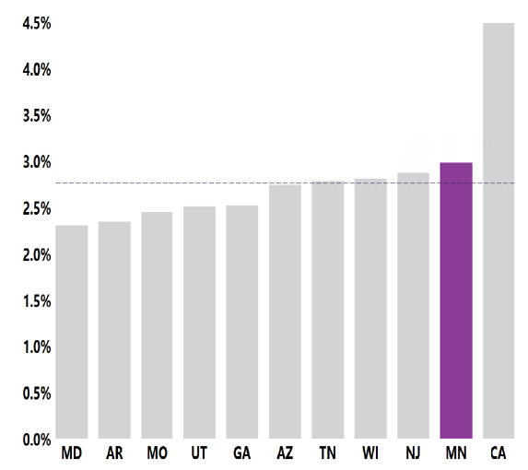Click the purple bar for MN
coord(456,300)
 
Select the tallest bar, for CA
coord(499,230)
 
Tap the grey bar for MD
coord(72,332)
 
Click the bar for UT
coord(199,323)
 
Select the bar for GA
coord(242,322)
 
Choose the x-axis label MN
coord(456,454)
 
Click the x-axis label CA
coord(499,454)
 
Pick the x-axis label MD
coord(72,454)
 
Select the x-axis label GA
coord(242,454)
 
